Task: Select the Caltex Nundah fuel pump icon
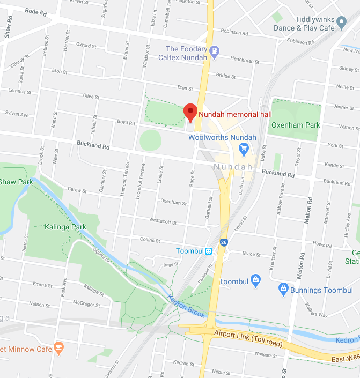point(215,52)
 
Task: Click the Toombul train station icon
point(208,251)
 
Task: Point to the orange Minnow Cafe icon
point(59,349)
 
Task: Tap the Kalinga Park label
point(66,227)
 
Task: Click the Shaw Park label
point(16,182)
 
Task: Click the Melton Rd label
point(308,209)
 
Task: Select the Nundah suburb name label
point(233,167)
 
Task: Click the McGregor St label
point(87,305)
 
